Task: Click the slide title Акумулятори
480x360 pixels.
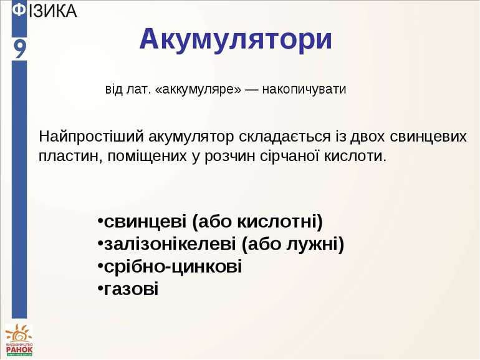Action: [x=236, y=39]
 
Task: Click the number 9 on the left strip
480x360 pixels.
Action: [x=20, y=48]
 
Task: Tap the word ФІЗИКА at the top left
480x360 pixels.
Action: [x=45, y=11]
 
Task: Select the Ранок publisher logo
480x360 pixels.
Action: [x=19, y=341]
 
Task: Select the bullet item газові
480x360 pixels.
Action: [x=132, y=289]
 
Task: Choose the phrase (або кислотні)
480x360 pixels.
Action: [x=257, y=221]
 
